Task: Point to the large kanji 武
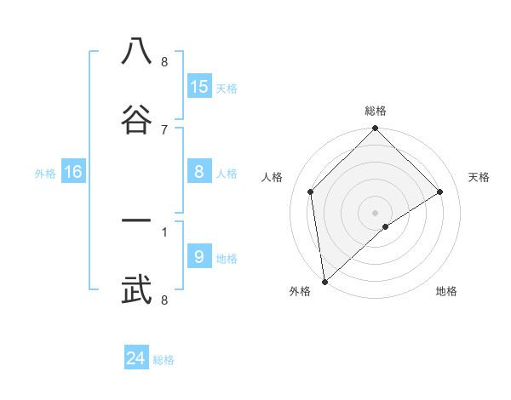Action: coord(136,290)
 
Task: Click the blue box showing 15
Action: coord(199,87)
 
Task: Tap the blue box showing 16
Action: coord(73,173)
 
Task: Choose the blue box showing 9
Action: coord(199,257)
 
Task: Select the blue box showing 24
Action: coord(136,358)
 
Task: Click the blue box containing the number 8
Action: coord(199,173)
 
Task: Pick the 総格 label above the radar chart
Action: coord(376,111)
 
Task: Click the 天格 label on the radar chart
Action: coord(479,177)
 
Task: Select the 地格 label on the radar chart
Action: coord(446,292)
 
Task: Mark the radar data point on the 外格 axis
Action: coord(324,281)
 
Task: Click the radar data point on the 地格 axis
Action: coord(386,226)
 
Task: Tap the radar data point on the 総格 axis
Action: coord(376,130)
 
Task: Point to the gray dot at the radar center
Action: coord(376,212)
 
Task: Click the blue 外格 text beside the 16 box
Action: coord(45,174)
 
